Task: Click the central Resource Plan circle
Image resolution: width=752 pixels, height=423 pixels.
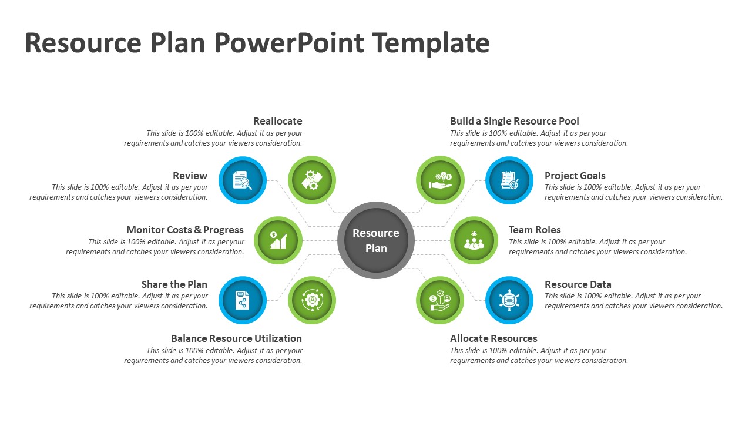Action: click(376, 240)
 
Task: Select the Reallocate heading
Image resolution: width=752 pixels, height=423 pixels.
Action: click(278, 121)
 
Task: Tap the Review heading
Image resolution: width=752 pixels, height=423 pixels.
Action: click(190, 176)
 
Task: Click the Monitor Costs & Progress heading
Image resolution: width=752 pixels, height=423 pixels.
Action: click(185, 230)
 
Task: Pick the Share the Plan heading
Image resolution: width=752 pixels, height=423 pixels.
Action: click(174, 284)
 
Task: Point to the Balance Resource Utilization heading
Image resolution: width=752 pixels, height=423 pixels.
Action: click(236, 338)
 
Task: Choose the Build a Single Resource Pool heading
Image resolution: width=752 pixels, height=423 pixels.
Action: click(515, 121)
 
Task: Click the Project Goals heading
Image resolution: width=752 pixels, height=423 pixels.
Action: click(575, 176)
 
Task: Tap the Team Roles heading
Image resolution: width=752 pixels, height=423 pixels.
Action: click(535, 230)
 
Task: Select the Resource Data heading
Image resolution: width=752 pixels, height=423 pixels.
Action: click(578, 284)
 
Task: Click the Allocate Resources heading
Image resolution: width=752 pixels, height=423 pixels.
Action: click(493, 338)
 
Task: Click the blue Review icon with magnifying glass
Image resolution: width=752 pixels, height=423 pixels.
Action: click(243, 180)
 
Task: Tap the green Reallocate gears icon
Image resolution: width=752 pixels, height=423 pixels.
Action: click(312, 180)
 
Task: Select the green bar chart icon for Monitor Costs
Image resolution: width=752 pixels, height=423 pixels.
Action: click(278, 240)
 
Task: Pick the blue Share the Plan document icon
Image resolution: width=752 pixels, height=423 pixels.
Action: click(243, 300)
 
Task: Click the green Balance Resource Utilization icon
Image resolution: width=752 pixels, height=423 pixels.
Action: click(312, 300)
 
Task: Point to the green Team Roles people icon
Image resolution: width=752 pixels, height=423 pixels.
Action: click(474, 240)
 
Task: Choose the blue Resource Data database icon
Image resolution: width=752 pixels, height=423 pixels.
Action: click(509, 300)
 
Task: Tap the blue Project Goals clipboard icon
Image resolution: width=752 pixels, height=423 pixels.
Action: click(509, 180)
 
